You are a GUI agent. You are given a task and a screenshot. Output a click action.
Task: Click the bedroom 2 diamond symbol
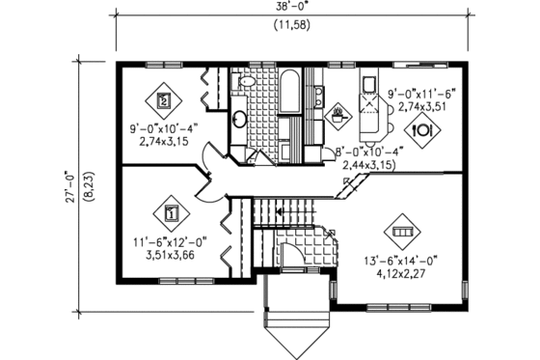(x=164, y=98)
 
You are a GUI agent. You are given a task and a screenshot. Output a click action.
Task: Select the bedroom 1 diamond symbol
(x=171, y=212)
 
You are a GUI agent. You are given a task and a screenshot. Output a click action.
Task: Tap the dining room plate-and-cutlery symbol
(x=422, y=127)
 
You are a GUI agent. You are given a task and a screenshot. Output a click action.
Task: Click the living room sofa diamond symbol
(x=402, y=233)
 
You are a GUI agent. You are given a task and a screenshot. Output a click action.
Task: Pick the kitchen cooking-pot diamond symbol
(x=337, y=119)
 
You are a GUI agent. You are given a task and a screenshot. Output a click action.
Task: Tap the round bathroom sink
(x=239, y=121)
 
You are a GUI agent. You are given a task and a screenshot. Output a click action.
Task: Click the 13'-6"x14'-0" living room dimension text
(x=402, y=259)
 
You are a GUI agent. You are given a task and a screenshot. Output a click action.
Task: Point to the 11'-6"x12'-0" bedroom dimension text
(x=171, y=244)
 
